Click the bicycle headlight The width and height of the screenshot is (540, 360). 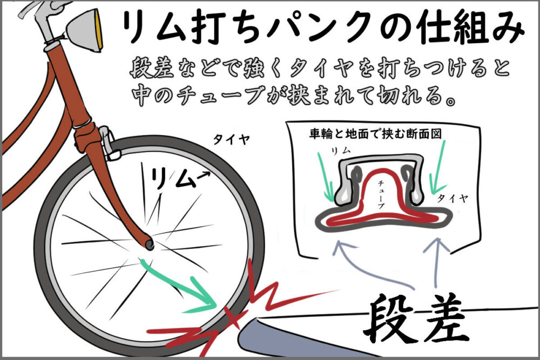pyautogui.click(x=86, y=30)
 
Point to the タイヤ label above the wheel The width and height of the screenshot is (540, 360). pyautogui.click(x=231, y=139)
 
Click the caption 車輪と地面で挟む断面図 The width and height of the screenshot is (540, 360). pyautogui.click(x=375, y=133)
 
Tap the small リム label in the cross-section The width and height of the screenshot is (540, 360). pyautogui.click(x=340, y=151)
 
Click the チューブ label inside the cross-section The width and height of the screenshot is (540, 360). pyautogui.click(x=381, y=194)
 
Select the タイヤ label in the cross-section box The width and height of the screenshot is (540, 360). pyautogui.click(x=453, y=198)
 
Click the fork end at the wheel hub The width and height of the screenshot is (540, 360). pyautogui.click(x=150, y=243)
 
